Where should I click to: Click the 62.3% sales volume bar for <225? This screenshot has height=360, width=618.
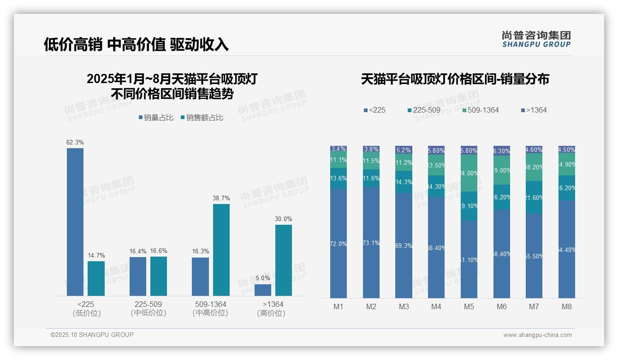tap(75, 222)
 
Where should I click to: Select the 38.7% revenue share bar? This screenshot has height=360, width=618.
tap(221, 250)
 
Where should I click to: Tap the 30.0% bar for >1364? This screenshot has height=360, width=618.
tap(284, 260)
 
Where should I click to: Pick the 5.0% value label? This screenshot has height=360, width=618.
tap(263, 278)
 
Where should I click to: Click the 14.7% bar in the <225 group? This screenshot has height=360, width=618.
tap(96, 278)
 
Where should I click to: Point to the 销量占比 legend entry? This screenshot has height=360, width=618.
tap(156, 118)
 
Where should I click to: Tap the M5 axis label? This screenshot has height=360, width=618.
tap(469, 306)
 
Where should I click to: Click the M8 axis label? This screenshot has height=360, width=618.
tap(567, 306)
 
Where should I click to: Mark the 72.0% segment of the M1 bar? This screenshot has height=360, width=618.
tap(339, 243)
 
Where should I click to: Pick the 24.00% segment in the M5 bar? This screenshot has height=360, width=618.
tap(469, 173)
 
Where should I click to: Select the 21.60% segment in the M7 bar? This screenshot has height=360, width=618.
tap(534, 198)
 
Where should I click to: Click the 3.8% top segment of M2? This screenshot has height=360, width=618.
tap(371, 149)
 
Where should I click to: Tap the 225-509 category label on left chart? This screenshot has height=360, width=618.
tap(148, 308)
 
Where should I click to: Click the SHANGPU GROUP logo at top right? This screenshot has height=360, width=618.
tap(536, 39)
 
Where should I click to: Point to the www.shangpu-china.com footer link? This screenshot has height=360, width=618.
tap(537, 335)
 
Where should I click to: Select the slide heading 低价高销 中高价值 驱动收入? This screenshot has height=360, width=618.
tap(136, 45)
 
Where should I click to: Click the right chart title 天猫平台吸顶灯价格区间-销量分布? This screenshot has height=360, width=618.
tap(455, 79)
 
